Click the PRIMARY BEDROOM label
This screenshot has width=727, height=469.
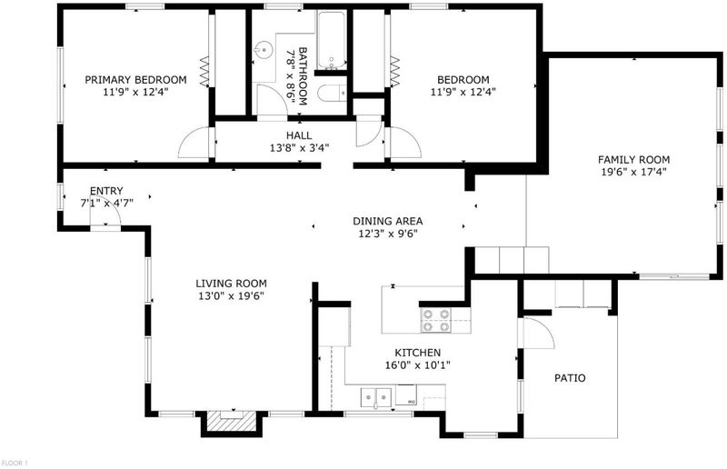click(135, 80)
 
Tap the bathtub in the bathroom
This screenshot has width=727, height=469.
click(332, 40)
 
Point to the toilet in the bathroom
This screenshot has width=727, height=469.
click(333, 93)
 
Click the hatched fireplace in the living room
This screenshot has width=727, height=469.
click(232, 421)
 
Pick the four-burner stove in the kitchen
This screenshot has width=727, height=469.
click(436, 321)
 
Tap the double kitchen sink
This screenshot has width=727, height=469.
click(376, 397)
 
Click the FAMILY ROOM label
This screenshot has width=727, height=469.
click(633, 160)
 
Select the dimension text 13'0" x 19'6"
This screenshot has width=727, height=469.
click(231, 296)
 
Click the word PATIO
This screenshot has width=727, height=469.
click(570, 377)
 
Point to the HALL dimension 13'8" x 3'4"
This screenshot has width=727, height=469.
click(299, 148)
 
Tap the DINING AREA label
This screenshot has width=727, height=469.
click(388, 221)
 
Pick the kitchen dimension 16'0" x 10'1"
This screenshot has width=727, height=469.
click(417, 365)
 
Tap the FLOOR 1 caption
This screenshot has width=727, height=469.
click(15, 463)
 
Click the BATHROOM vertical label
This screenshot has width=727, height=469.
click(303, 75)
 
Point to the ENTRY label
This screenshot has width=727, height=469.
click(106, 191)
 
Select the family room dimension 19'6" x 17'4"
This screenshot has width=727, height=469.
click(633, 172)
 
